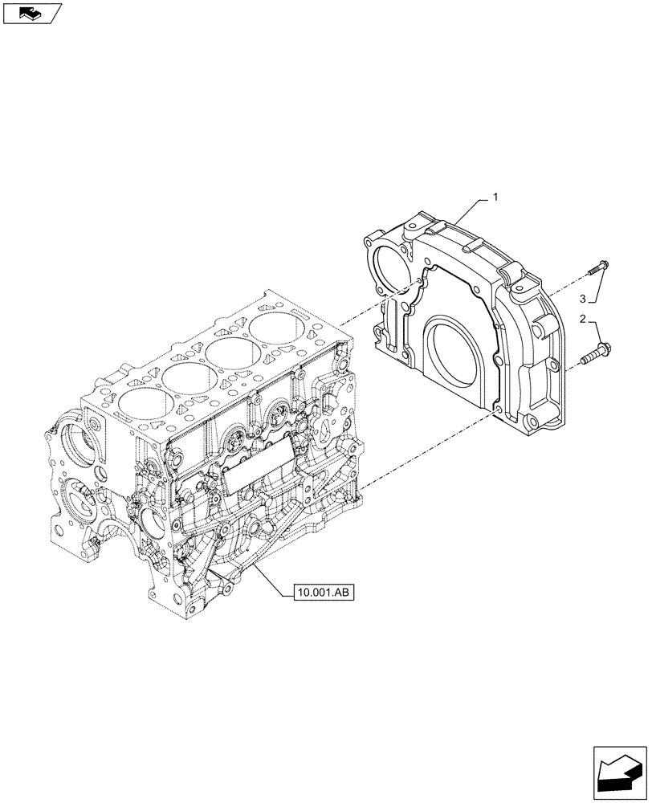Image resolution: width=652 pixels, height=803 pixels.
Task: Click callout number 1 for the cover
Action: click(x=495, y=197)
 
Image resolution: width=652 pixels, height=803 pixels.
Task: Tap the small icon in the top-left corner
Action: click(x=31, y=13)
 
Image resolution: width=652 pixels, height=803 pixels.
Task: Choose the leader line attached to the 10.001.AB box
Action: click(x=268, y=579)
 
